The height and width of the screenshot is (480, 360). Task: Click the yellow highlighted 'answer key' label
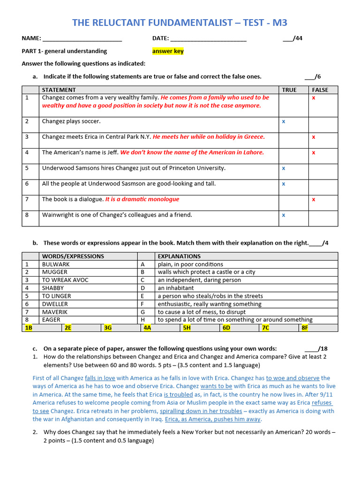pos(168,51)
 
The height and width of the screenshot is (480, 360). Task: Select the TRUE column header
pos(289,90)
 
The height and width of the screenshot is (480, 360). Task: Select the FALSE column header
pos(320,90)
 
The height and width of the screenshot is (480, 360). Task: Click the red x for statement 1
pos(314,98)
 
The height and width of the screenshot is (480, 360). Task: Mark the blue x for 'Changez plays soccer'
pos(284,121)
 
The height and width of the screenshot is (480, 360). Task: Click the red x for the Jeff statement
pos(314,152)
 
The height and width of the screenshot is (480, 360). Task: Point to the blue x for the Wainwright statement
pos(284,215)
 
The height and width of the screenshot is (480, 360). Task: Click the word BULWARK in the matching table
pos(56,264)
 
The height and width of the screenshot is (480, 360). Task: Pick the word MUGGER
pos(55,272)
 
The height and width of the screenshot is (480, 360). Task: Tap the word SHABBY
pos(53,288)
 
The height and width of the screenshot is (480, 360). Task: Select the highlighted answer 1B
pos(29,328)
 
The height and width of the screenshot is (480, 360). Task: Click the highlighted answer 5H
pos(187,328)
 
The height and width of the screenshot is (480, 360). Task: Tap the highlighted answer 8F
pos(305,328)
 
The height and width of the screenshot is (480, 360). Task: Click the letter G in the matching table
pos(142,312)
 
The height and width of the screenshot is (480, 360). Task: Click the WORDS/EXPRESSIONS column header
pos(73,256)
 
